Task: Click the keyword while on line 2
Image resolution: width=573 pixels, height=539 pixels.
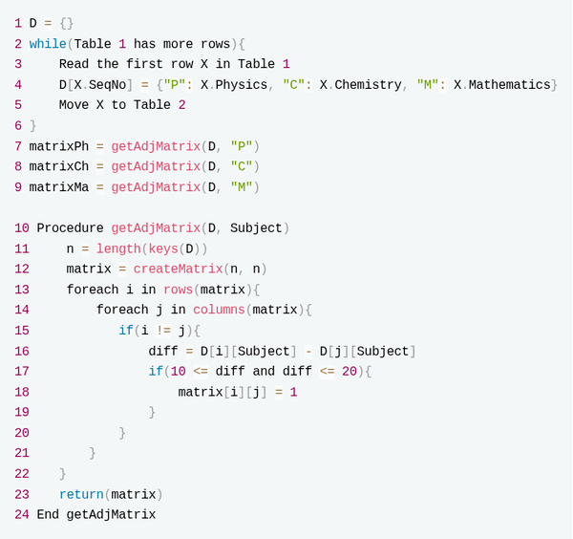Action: pos(48,44)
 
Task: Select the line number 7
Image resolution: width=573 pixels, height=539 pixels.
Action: pos(18,146)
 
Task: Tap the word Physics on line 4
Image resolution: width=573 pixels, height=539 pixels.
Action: pos(242,85)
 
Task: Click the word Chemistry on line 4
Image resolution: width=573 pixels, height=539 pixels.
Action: pos(368,85)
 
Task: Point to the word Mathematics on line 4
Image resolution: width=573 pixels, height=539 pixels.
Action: pos(509,85)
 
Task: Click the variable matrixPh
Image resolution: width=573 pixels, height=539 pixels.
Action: pos(59,146)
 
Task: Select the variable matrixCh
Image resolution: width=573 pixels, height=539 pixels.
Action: pos(59,166)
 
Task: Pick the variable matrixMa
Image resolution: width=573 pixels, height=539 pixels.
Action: pos(59,187)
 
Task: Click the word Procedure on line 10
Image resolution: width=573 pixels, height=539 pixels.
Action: pos(70,227)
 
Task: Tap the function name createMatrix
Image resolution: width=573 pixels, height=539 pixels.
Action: pos(178,269)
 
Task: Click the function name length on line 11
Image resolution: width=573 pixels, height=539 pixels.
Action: pos(118,248)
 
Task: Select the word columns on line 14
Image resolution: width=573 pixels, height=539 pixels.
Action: pos(219,310)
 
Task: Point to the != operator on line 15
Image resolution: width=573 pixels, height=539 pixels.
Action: pos(163,331)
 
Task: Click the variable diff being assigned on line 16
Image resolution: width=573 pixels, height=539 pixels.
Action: pos(163,351)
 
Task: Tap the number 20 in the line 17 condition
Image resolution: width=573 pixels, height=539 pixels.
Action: pos(350,372)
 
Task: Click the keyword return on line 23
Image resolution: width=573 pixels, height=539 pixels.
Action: pos(81,494)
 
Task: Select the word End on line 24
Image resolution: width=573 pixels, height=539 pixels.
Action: pos(48,514)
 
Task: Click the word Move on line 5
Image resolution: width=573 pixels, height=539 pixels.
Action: pos(74,105)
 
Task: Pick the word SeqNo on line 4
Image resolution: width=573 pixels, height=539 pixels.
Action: pos(107,85)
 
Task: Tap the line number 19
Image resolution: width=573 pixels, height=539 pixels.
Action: pos(22,412)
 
